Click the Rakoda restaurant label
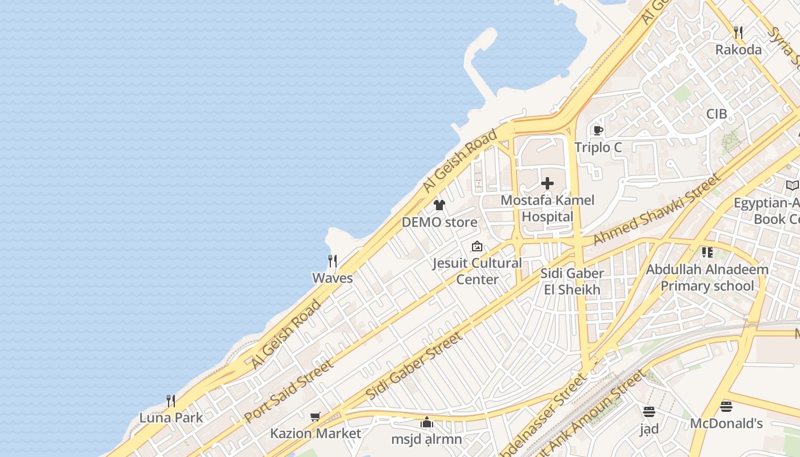click(738, 50)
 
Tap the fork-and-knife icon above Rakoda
click(738, 33)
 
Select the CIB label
click(717, 114)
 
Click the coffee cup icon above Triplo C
click(598, 131)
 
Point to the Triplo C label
click(598, 147)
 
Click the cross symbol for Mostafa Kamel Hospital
click(547, 183)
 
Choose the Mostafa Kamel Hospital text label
click(547, 209)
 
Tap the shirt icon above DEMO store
click(439, 205)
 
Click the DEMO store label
click(439, 222)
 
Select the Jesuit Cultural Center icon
click(477, 247)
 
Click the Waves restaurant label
click(332, 278)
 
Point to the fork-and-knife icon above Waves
click(332, 261)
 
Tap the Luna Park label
click(171, 418)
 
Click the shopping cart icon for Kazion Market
click(315, 416)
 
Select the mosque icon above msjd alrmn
click(426, 423)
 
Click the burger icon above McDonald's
click(726, 407)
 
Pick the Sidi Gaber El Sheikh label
click(572, 282)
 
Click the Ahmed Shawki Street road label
click(657, 210)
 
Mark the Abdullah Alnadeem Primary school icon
click(707, 252)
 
